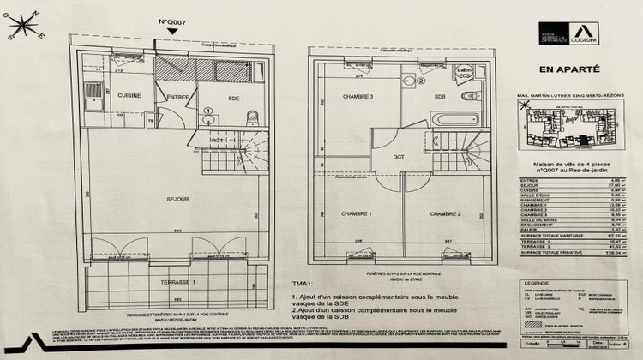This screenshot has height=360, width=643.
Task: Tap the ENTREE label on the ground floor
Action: [x=177, y=97]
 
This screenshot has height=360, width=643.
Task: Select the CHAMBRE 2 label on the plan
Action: [x=447, y=213]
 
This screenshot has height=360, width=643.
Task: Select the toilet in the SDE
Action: [x=249, y=117]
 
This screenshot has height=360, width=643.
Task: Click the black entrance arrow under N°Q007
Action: [x=172, y=31]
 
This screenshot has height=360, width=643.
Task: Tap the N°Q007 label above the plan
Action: [x=172, y=21]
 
